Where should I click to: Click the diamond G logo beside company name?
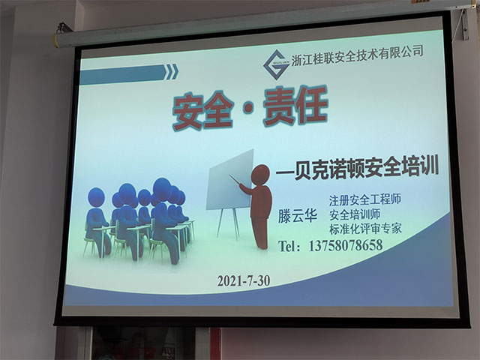coord(277,64)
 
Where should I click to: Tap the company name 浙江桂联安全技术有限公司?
coord(358,55)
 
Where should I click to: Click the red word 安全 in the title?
coord(202,111)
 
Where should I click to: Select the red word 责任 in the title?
coord(296,106)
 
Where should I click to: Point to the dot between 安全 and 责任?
coord(248,108)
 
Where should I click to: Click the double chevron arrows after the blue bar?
coord(172,72)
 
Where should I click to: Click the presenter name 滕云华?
coord(297,216)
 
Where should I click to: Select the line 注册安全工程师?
coord(365,200)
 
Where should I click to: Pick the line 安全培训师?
coord(355,214)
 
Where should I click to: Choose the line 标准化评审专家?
coord(365,229)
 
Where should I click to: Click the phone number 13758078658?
coord(346,245)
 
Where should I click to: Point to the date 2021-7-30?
coord(244,280)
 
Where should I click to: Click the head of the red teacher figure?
coord(260,175)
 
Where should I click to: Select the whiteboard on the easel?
coord(230,180)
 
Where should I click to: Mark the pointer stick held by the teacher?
coord(235,180)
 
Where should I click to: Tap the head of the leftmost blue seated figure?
coord(97,196)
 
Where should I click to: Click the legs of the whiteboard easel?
coord(228,223)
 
